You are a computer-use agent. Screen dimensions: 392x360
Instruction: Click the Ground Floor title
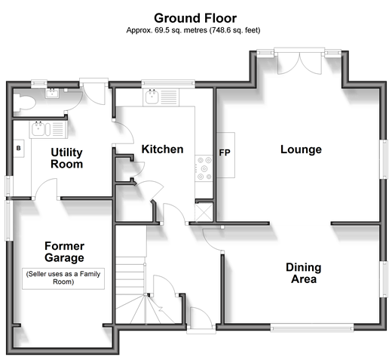click(x=195, y=18)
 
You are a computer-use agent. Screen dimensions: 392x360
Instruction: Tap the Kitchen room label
click(x=162, y=149)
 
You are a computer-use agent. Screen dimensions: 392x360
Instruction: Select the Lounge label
click(x=301, y=149)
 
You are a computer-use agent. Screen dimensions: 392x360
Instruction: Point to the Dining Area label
click(x=304, y=273)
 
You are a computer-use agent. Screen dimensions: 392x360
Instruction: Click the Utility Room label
click(x=66, y=158)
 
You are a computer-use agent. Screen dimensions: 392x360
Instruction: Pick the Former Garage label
click(x=64, y=252)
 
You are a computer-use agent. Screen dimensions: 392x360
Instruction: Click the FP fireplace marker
click(x=225, y=152)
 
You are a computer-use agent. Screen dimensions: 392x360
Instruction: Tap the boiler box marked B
click(x=19, y=149)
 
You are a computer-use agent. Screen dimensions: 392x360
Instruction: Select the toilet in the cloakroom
click(x=24, y=103)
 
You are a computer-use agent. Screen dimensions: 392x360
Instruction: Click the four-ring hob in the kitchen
click(x=204, y=168)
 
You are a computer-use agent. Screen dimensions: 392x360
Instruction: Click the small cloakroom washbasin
click(x=52, y=94)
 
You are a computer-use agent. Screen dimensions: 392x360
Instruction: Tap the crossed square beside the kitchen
click(x=204, y=213)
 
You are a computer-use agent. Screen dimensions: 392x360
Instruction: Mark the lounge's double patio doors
click(x=299, y=63)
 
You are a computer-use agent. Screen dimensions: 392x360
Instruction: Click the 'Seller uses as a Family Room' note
click(x=63, y=278)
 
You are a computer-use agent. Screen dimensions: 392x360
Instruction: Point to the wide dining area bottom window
click(x=312, y=328)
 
